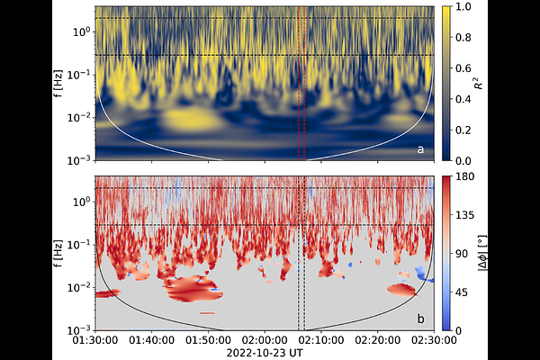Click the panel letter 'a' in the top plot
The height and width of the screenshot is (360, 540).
(420, 148)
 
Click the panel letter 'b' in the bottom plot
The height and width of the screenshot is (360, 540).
(420, 319)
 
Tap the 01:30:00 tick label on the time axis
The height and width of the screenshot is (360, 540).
(97, 340)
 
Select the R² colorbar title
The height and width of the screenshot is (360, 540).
(476, 82)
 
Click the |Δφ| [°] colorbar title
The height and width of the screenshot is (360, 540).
(479, 253)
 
